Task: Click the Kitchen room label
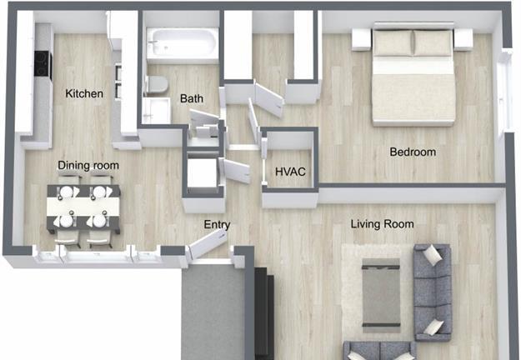coord(84,93)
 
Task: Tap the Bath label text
coord(192,98)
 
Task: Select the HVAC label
coord(290,172)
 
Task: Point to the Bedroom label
coord(413,152)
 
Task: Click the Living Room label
coord(382,224)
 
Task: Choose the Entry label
coord(217,225)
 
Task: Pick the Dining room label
coord(88,165)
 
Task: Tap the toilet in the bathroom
coord(157,84)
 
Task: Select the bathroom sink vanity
coord(157,111)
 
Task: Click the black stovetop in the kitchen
coord(43,65)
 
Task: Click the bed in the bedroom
coord(413,75)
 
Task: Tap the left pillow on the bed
coord(393,42)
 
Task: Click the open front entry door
coord(208,245)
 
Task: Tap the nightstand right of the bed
coord(463,39)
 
